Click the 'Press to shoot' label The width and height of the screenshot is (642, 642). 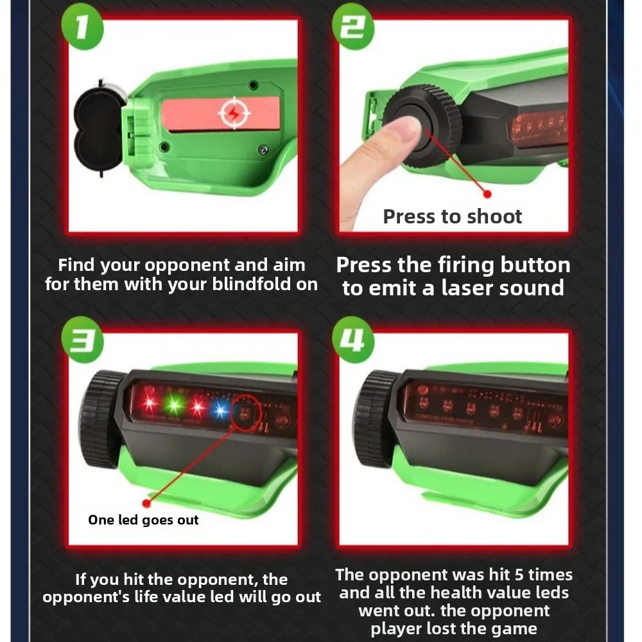coord(453,217)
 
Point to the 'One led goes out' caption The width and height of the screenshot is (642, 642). coord(143,520)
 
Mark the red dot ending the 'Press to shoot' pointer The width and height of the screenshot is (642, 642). coord(487,193)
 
